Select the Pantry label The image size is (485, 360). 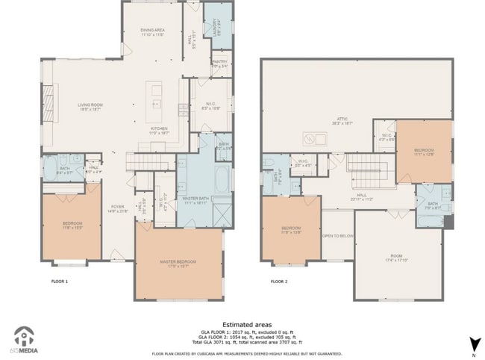(x=219, y=63)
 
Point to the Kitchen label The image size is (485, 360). (x=160, y=128)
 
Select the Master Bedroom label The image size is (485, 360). (x=178, y=262)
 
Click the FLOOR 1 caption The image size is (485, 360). (x=60, y=282)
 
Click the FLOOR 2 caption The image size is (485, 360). (x=278, y=282)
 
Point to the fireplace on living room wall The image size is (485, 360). (x=49, y=102)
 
